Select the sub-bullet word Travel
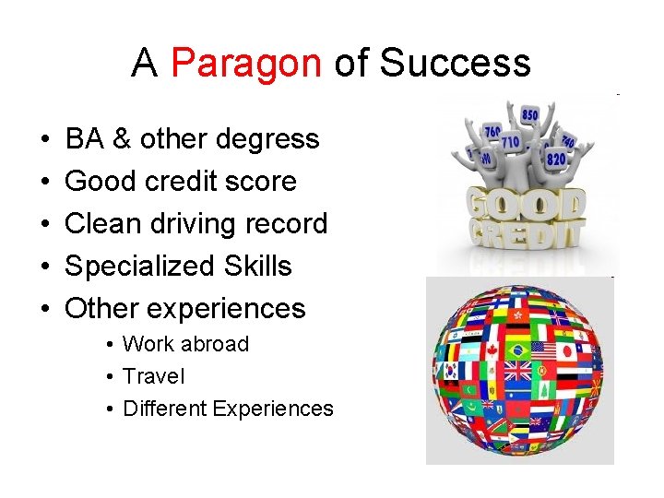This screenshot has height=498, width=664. [153, 376]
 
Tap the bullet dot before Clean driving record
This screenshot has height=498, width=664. [45, 225]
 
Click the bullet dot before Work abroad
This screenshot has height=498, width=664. [109, 345]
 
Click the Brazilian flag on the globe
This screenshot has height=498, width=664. [517, 350]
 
